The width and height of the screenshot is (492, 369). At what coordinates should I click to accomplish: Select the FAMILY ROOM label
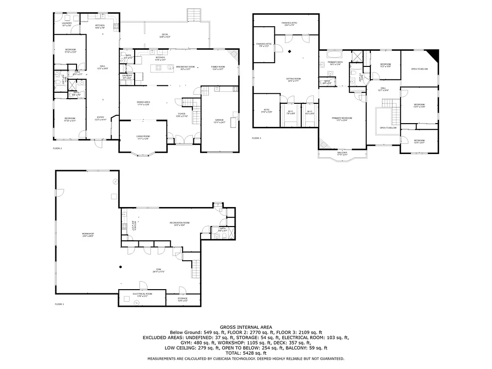coord(218,67)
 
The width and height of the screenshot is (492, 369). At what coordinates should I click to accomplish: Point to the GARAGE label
coord(219,121)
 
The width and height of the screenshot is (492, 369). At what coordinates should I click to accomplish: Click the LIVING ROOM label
coord(143,137)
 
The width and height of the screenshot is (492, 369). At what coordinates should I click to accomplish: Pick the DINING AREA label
coord(143,103)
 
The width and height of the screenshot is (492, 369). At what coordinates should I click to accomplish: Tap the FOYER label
coord(182,114)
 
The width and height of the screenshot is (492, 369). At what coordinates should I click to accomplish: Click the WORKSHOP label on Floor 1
coord(88,235)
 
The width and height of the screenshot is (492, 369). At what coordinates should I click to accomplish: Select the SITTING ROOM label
coord(293,79)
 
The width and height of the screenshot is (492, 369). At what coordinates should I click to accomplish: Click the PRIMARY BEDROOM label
coord(342,119)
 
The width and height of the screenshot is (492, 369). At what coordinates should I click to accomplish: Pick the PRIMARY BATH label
coord(335,63)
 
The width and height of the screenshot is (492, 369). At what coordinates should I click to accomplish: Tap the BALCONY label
coord(342,153)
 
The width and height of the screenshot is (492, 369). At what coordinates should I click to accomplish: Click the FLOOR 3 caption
coord(256,138)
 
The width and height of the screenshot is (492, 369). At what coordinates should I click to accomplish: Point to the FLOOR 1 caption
coord(59,304)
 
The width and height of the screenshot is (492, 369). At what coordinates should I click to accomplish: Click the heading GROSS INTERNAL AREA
coord(246,327)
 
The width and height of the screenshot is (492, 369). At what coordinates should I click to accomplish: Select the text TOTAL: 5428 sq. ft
coord(246,353)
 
